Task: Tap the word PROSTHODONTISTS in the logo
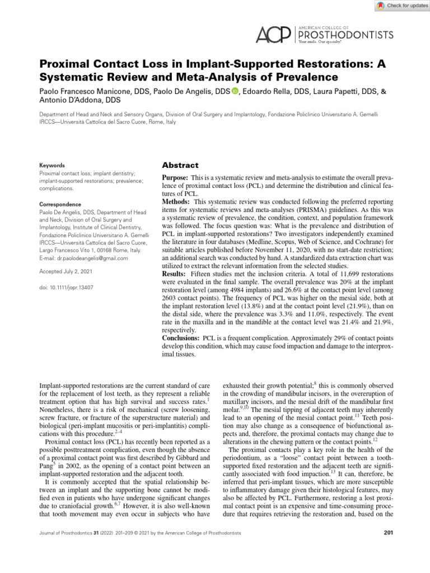[x=345, y=35]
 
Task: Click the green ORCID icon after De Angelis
[x=235, y=91]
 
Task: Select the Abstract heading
[x=180, y=165]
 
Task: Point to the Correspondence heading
[x=59, y=205]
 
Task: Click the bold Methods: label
[x=176, y=201]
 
